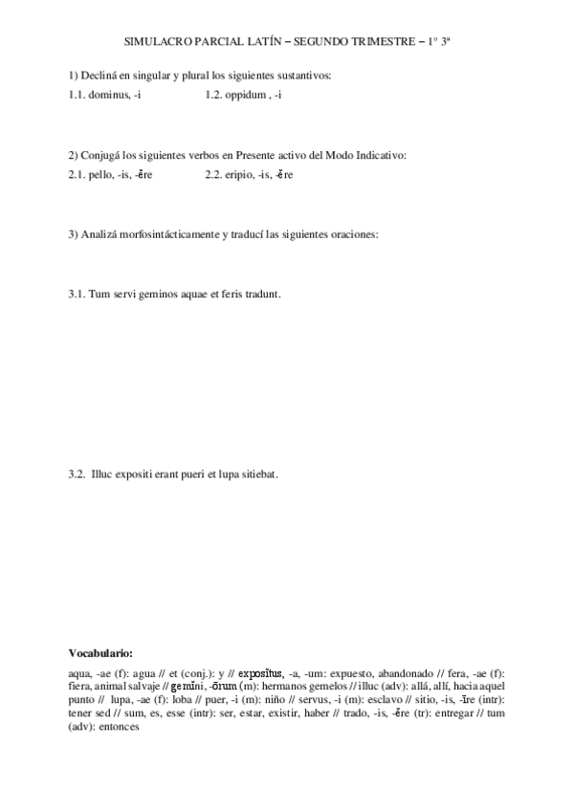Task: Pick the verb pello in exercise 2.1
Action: pyautogui.click(x=100, y=175)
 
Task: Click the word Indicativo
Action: pyautogui.click(x=380, y=155)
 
